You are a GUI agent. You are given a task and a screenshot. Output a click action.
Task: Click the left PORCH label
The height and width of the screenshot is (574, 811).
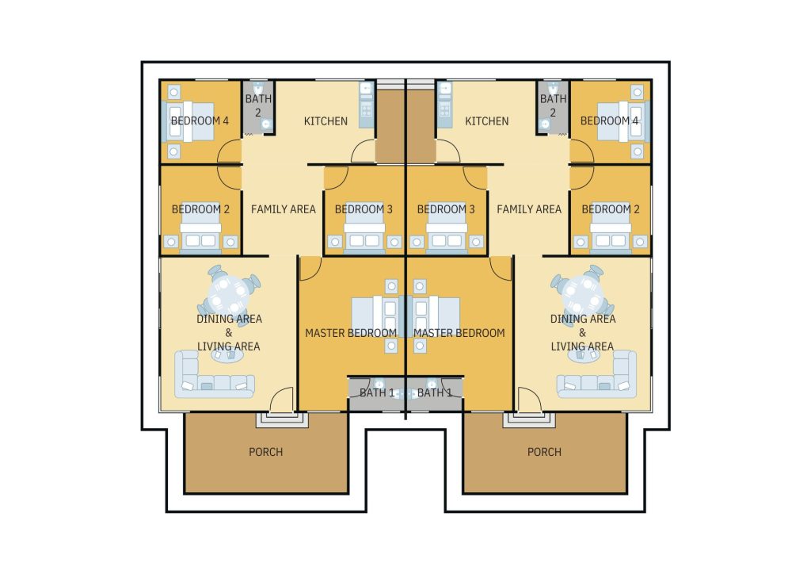point(266,452)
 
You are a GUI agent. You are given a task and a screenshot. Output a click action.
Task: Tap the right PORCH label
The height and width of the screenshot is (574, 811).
point(544,452)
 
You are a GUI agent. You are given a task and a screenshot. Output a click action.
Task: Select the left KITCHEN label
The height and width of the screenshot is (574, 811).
point(326,121)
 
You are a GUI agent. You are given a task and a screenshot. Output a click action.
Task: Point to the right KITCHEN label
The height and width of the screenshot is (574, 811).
point(487,121)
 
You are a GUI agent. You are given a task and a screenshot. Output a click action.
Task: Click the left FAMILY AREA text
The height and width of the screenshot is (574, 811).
point(284,209)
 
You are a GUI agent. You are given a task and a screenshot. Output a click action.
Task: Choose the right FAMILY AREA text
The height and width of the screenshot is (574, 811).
point(529,209)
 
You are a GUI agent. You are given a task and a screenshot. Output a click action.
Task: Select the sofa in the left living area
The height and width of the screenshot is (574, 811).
point(214,375)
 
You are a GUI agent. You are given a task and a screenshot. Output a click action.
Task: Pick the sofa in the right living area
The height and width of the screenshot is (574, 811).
point(596,375)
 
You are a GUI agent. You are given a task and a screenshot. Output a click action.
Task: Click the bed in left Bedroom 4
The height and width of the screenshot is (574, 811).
point(188,121)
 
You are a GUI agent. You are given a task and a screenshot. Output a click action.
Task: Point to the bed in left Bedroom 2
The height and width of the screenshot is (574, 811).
point(200,235)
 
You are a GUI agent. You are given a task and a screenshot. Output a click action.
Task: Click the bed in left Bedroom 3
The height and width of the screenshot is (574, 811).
point(364,235)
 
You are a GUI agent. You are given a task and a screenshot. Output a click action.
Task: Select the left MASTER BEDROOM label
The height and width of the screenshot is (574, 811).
point(351,333)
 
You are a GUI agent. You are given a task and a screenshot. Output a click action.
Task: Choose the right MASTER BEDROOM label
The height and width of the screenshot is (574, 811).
point(459,333)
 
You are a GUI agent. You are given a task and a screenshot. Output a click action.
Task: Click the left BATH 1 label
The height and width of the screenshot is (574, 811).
point(377,393)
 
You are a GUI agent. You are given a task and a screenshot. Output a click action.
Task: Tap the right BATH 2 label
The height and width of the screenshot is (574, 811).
point(554,105)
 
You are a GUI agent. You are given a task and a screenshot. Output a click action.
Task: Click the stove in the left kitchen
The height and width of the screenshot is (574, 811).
point(366,110)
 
